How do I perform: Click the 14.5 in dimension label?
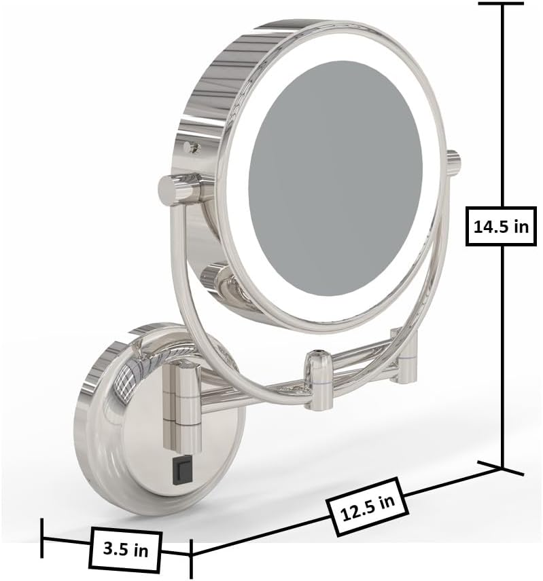[x=501, y=226]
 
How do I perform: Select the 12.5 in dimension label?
[x=368, y=507]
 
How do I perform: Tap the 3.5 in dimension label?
[x=125, y=550]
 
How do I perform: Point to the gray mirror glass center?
[x=336, y=178]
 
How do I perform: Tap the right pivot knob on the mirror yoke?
[x=453, y=160]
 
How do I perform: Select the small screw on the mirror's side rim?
[x=192, y=147]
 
